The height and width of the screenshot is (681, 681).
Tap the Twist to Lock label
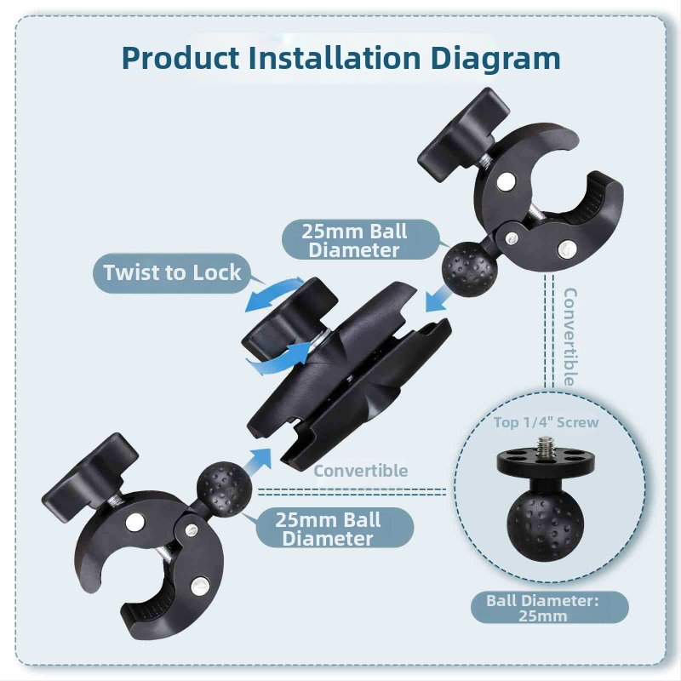coord(172,272)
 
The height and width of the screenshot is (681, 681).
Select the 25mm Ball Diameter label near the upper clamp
coord(354,240)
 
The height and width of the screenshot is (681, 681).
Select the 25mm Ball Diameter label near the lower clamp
coord(329,529)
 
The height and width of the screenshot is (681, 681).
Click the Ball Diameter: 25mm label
coord(543,608)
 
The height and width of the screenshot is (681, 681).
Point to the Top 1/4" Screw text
coord(546,422)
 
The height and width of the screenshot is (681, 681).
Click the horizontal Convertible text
coord(361,471)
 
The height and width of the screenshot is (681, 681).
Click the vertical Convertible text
coord(569,337)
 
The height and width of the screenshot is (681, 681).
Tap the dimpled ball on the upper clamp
coord(470,268)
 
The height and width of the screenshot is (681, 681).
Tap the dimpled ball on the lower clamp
coord(224,489)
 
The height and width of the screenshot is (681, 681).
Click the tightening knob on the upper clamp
coord(464,134)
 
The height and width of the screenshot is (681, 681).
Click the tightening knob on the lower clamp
coord(90,476)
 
